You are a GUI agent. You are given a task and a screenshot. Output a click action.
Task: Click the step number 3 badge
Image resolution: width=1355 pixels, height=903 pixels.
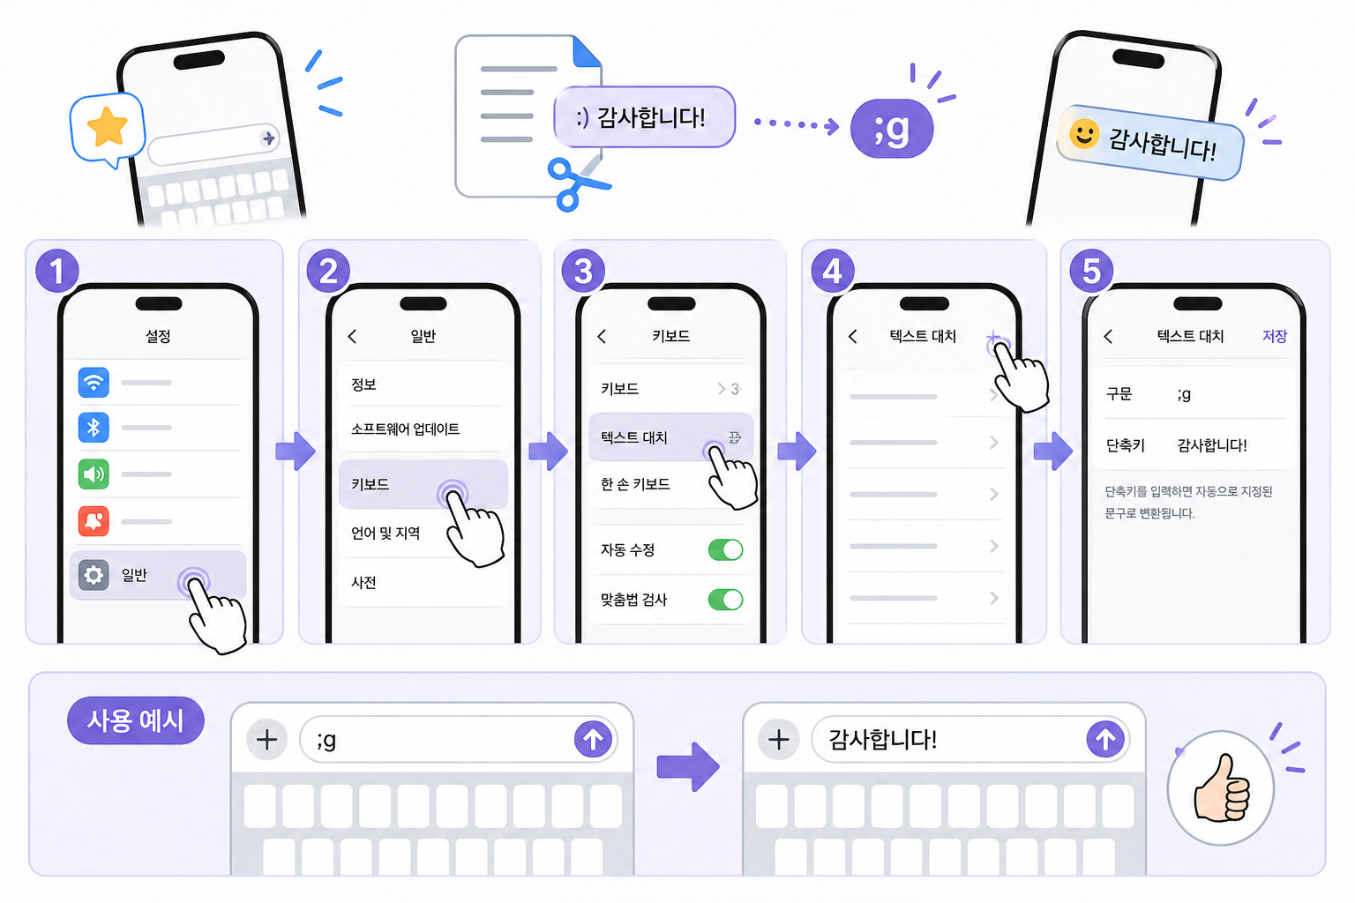583,271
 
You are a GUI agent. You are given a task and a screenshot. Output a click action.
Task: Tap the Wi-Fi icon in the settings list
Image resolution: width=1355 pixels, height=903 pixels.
94,382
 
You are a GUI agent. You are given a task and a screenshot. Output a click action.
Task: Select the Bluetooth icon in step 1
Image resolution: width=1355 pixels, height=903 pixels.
94,428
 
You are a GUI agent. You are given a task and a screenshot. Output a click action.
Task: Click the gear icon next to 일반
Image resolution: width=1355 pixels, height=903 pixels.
94,575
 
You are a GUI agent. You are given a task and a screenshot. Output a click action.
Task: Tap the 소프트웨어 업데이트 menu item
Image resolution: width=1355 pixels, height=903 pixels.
405,429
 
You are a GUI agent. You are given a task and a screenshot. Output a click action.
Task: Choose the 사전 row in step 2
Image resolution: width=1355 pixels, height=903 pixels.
364,582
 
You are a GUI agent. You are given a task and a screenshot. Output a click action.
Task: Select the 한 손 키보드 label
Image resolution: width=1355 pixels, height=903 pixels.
635,484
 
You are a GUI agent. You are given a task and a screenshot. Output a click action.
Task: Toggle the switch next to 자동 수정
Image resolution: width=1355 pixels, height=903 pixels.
725,550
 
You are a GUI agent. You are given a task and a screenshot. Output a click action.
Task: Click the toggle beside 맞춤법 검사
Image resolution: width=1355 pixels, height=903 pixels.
725,600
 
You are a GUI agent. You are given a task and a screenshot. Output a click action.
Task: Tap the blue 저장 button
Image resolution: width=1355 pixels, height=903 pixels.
1274,336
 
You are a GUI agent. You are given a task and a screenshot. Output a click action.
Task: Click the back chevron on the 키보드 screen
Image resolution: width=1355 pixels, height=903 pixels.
602,336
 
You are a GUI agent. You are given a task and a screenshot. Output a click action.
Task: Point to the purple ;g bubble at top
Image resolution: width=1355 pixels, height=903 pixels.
891,130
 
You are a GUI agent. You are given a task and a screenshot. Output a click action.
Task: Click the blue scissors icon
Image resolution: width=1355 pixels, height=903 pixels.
573,183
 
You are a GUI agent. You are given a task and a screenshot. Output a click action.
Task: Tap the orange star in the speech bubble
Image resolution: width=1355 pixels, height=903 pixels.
108,127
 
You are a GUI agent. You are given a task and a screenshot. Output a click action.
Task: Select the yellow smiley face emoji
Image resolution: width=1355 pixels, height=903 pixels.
1083,134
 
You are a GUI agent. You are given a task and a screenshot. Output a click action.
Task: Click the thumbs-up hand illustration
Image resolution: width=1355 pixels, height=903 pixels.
1222,787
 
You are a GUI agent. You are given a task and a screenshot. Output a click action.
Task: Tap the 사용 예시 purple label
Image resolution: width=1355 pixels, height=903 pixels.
136,721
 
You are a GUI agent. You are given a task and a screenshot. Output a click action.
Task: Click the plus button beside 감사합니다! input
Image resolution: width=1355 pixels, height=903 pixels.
778,739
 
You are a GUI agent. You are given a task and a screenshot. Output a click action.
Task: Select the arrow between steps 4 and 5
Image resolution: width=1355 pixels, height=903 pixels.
1052,451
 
